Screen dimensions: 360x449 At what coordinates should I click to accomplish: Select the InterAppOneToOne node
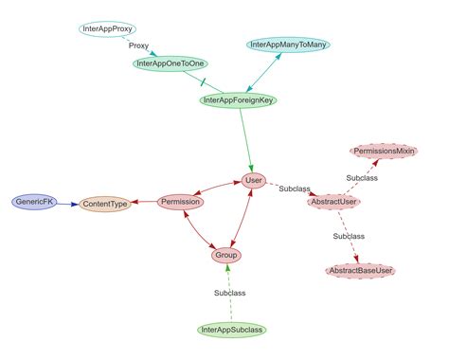point(171,63)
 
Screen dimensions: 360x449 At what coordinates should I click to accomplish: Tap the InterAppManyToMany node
point(288,45)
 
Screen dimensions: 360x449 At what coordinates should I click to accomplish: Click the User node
point(253,180)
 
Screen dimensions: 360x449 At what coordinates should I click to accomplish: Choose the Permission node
point(180,202)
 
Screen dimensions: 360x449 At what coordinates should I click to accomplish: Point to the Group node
point(225,255)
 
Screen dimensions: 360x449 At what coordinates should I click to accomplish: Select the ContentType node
point(104,203)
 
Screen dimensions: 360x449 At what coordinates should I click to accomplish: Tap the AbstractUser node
point(334,201)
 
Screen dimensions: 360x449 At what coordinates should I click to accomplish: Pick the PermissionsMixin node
point(384,151)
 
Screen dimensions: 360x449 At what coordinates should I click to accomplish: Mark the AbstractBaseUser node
point(359,271)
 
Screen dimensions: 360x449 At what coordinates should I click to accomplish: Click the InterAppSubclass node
point(233,330)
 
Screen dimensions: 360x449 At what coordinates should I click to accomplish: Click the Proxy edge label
point(138,45)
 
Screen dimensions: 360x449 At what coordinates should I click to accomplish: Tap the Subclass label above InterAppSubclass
point(229,293)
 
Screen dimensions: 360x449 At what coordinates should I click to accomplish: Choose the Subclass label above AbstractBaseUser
point(349,235)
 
